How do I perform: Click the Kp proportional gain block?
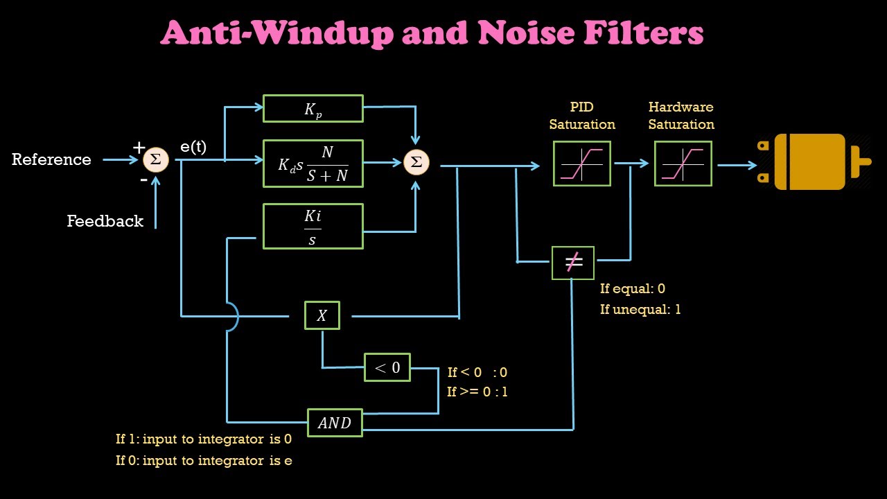point(313,109)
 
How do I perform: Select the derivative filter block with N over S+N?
point(313,164)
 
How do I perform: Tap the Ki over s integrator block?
point(313,226)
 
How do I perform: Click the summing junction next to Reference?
point(155,160)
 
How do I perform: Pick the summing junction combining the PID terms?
point(416,162)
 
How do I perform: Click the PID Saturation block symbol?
point(581,164)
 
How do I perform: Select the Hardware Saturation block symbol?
point(683,164)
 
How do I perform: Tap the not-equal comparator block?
point(572,263)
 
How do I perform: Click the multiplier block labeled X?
point(322,315)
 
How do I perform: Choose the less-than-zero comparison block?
point(387,367)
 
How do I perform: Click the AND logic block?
point(335,423)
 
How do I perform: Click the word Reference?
point(51,159)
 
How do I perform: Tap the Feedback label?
point(105,221)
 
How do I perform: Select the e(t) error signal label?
point(193,147)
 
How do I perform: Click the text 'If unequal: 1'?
point(640,309)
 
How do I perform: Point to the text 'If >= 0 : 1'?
point(477,392)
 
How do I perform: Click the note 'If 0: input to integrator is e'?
point(203,461)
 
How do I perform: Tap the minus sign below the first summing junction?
point(143,180)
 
